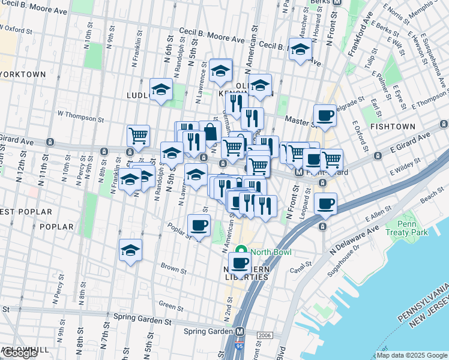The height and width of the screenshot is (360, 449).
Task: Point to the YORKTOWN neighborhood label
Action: [23, 74]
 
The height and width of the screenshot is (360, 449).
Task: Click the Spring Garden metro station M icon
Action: [240, 331]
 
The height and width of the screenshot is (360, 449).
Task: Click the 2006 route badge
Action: [264, 335]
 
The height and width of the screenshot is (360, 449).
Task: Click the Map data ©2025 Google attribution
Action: [412, 355]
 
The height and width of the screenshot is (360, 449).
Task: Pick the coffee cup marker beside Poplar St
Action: [199, 226]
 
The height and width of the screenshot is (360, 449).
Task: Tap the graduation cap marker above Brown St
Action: [130, 251]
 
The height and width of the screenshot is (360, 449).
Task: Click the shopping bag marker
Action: [211, 131]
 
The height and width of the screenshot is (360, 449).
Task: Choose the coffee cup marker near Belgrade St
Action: [325, 116]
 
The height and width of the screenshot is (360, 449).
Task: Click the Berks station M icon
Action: [337, 2]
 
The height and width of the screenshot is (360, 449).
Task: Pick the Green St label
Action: [171, 307]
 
